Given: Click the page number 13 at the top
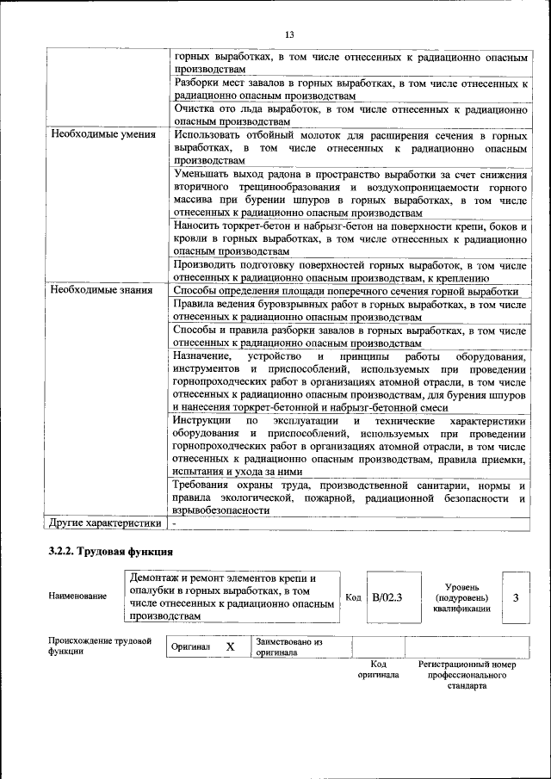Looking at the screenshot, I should [x=290, y=34].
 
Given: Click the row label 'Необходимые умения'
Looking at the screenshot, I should [x=102, y=134].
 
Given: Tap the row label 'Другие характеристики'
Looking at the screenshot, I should [x=105, y=522].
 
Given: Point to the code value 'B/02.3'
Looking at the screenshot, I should [x=387, y=596].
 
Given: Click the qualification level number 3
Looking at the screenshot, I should [x=515, y=596].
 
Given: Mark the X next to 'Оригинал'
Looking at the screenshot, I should [x=230, y=646].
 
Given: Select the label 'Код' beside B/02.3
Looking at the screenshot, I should [x=353, y=596].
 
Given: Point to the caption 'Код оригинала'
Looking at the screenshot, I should [x=378, y=670].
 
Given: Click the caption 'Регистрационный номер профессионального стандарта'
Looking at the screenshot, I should [x=467, y=675].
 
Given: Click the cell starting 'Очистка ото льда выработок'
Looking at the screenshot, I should [x=350, y=115].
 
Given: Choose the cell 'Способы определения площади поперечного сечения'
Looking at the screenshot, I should [x=350, y=291].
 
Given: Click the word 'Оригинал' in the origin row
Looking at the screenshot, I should [x=190, y=646].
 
